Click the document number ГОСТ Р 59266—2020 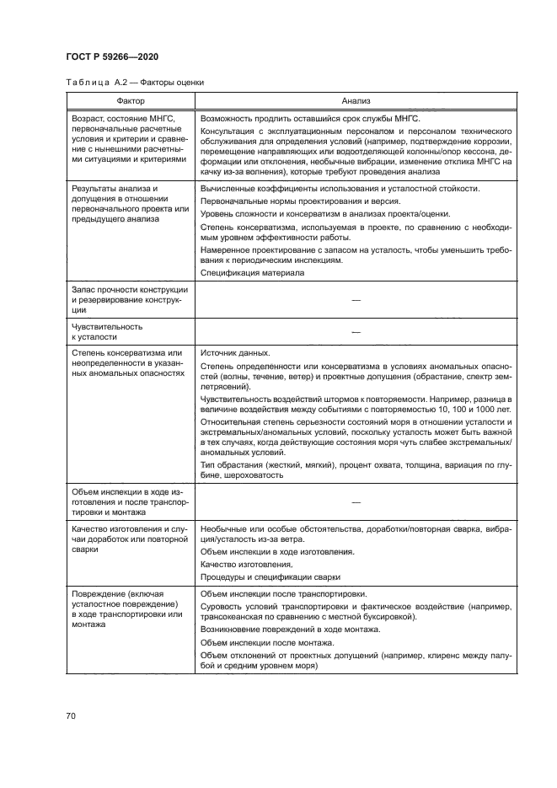[x=112, y=56]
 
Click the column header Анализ [x=356, y=99]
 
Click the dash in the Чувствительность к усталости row [x=356, y=330]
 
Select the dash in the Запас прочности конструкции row [x=356, y=300]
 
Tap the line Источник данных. [x=235, y=352]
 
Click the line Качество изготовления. [x=247, y=564]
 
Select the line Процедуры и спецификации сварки [x=270, y=576]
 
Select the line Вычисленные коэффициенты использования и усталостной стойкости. [x=338, y=188]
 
